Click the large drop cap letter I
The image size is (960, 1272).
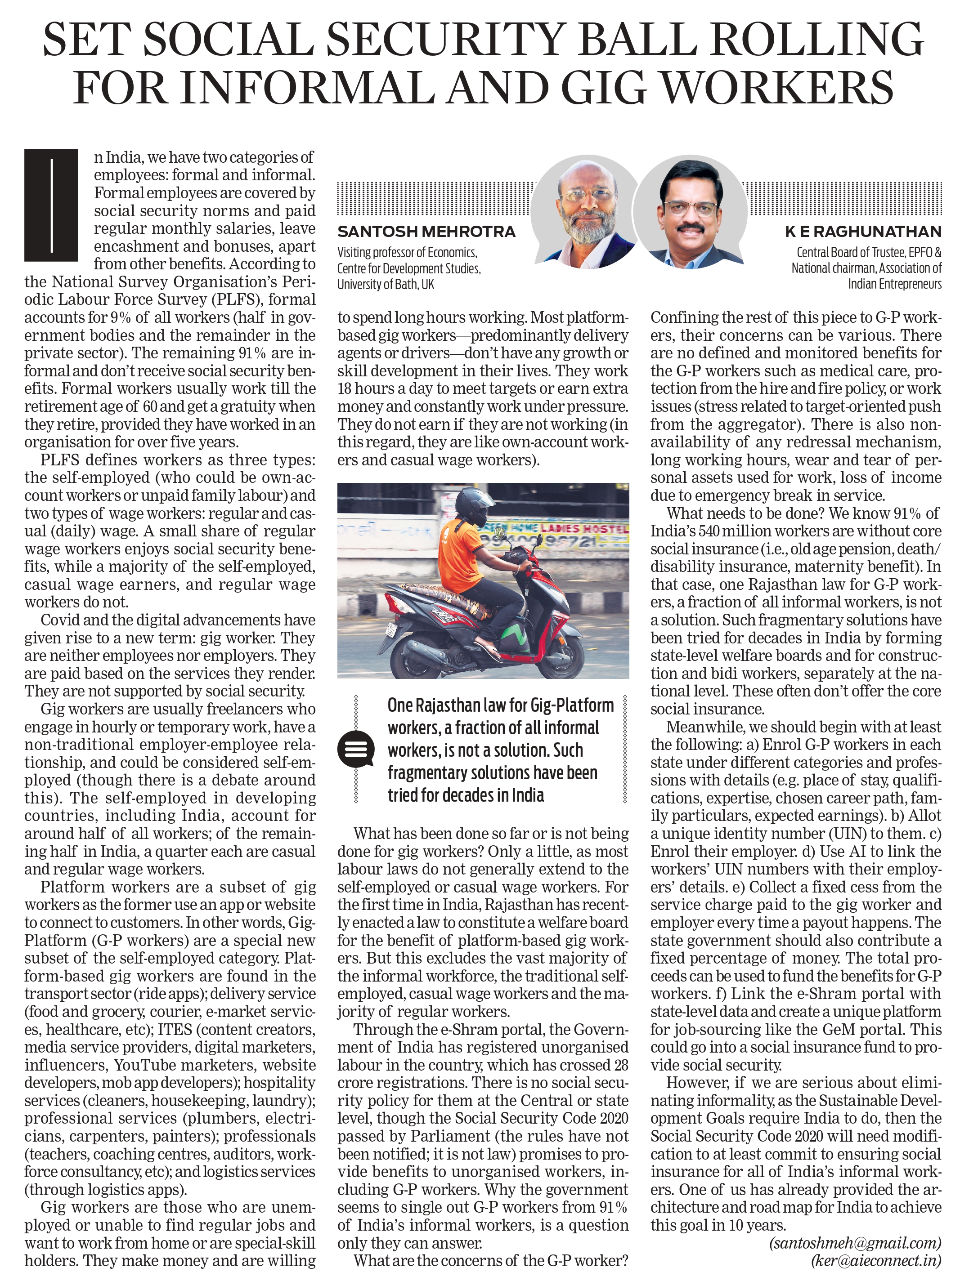pos(51,205)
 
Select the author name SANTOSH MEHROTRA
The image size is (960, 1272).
pos(426,232)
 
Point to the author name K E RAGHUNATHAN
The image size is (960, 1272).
pos(863,232)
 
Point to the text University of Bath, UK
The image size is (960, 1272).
pos(386,284)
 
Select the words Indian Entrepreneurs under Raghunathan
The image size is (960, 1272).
pos(894,284)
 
